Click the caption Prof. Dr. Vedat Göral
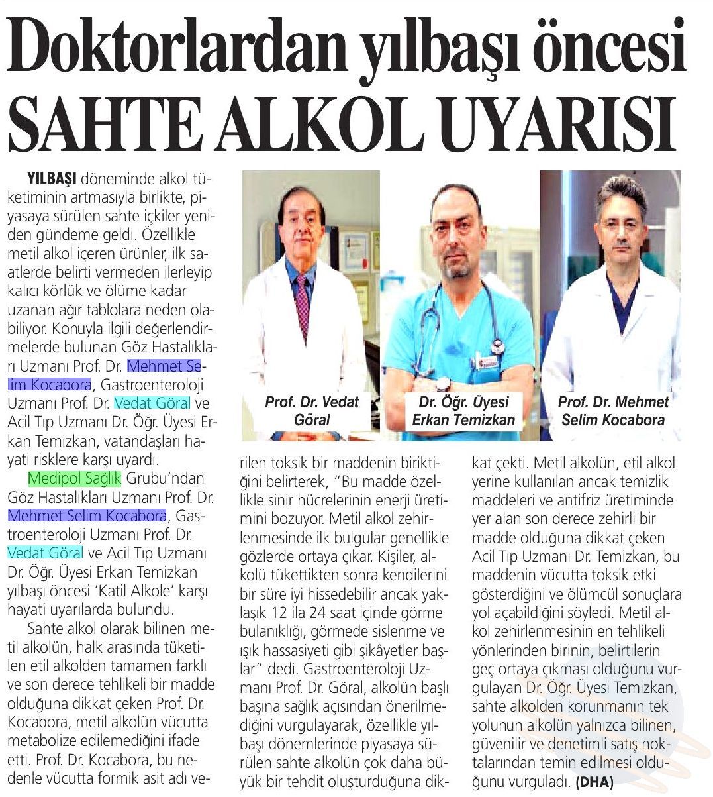tap(311, 411)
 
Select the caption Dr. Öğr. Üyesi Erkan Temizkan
tap(463, 411)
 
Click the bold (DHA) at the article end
tap(594, 782)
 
